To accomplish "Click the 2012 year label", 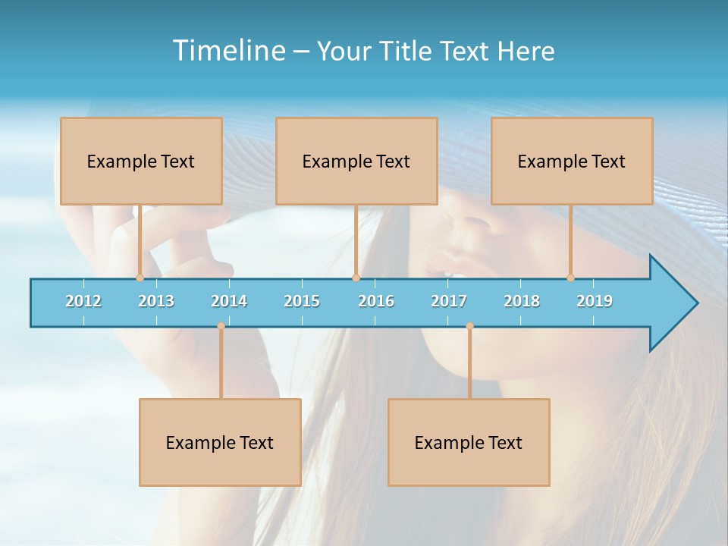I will (x=83, y=301).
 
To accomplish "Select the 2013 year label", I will (x=156, y=301).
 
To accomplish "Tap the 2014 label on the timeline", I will (x=229, y=301).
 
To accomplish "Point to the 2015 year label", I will (x=302, y=301).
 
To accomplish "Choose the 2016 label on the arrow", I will (x=376, y=301).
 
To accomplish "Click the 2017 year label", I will (x=449, y=301).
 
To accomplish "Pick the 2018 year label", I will (x=522, y=301).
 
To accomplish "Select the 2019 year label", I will (x=595, y=301).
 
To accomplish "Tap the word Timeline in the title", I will (x=228, y=51).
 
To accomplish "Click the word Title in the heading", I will (x=406, y=51).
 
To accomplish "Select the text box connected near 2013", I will (x=141, y=161).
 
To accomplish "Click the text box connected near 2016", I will (x=356, y=161).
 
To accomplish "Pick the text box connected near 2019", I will (x=572, y=161).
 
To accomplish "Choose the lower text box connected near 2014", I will (x=220, y=442).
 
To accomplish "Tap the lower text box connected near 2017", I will (x=469, y=442).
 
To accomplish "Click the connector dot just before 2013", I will (x=140, y=278).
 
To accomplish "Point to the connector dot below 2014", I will (x=221, y=326).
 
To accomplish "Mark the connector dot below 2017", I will (x=469, y=326).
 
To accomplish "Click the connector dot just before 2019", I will (x=570, y=278).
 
